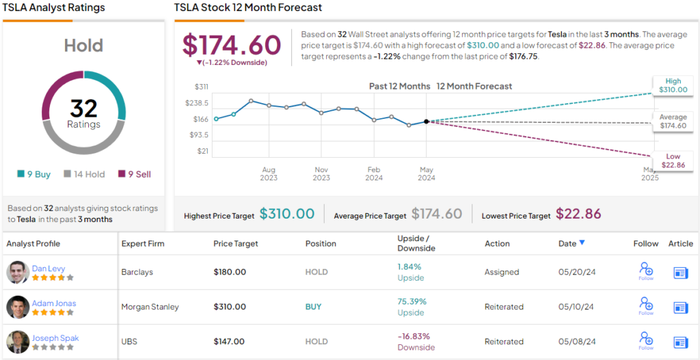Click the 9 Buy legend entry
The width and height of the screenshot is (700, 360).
pos(34,174)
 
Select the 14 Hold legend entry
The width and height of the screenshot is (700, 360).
pos(84,174)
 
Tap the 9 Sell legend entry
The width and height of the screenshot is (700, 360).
pos(135,174)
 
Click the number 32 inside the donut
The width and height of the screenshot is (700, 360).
pos(83,108)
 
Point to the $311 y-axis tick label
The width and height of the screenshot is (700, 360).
pos(202,87)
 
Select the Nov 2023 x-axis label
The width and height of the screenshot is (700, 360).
pos(321,174)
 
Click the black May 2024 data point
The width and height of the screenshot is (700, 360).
pos(427,122)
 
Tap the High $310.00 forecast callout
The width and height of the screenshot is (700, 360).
pos(673,85)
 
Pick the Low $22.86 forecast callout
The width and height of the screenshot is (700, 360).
pos(673,161)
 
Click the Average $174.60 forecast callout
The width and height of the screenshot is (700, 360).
pos(673,122)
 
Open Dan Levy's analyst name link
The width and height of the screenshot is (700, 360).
pos(49,268)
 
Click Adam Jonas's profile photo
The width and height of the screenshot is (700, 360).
pos(18,307)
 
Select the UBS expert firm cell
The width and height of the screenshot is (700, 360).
pos(130,342)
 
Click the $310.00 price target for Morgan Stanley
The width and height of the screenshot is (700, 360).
pos(230,307)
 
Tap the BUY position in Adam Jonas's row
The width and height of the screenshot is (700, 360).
pos(313,307)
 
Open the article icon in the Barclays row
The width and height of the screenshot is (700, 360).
pos(680,273)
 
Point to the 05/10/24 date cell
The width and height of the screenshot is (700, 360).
pos(576,307)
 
